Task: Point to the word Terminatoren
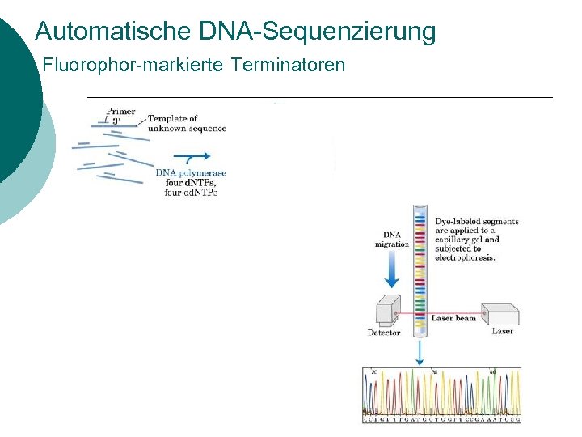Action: (288, 65)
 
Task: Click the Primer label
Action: (120, 112)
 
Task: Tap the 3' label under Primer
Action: (116, 121)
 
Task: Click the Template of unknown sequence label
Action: (187, 123)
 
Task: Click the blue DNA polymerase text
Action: (191, 172)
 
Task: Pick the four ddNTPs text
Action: (191, 193)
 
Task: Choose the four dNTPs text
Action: (191, 183)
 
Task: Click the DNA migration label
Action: (392, 240)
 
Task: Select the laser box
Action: (500, 315)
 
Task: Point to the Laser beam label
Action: (453, 319)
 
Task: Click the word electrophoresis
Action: (466, 257)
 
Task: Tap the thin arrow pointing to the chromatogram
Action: (419, 351)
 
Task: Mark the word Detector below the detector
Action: (384, 333)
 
